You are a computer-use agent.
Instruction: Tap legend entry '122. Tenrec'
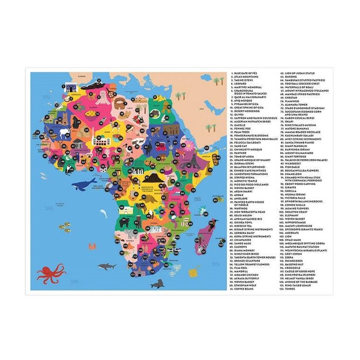pos(289,288)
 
